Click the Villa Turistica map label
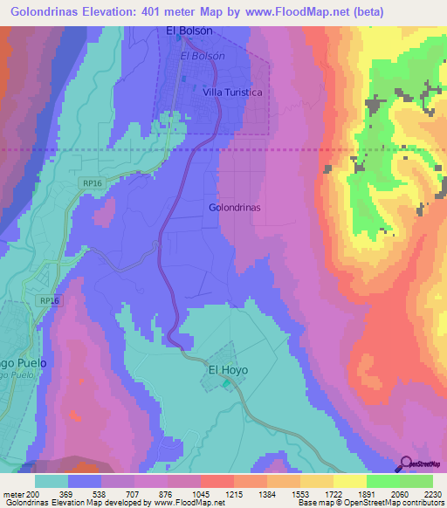pos(232,92)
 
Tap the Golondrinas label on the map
pos(236,208)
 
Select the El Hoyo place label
pos(227,370)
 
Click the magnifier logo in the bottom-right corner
pos(406,464)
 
